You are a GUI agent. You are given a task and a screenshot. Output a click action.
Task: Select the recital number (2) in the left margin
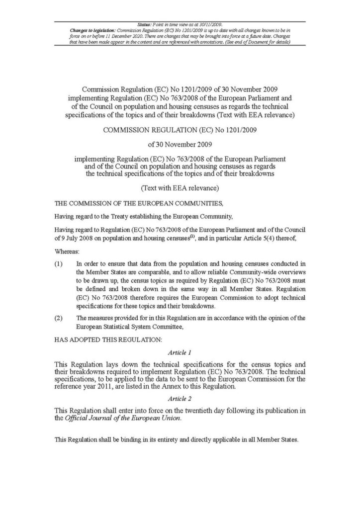pyautogui.click(x=58, y=318)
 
